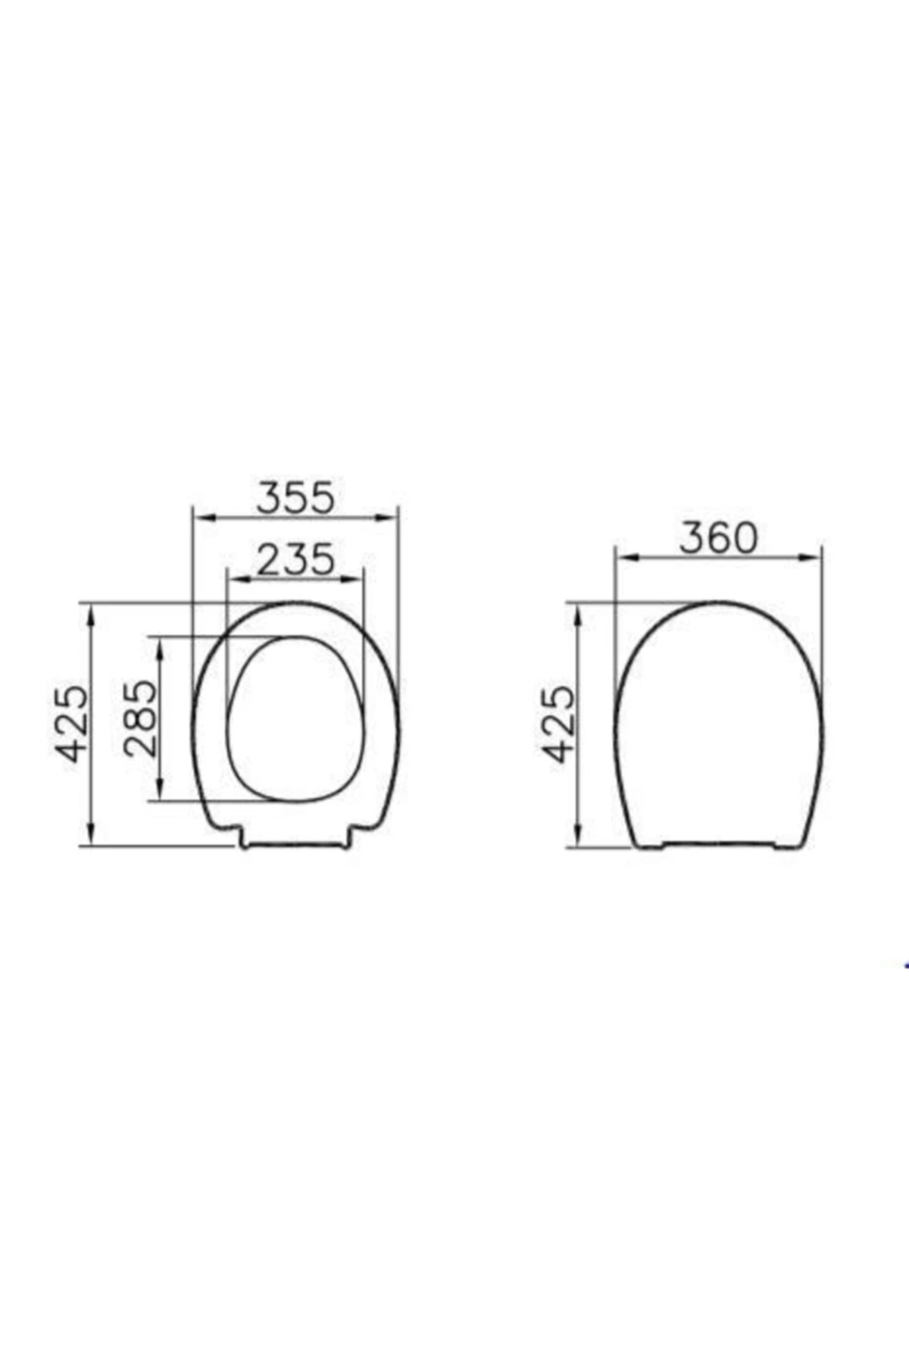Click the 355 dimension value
click(x=295, y=498)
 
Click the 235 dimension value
click(x=295, y=559)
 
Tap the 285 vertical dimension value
click(x=141, y=718)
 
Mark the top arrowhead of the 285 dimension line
click(x=161, y=643)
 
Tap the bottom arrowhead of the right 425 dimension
click(x=578, y=839)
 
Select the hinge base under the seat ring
click(x=296, y=842)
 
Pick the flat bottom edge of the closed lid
click(x=719, y=844)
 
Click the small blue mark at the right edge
click(x=905, y=965)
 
